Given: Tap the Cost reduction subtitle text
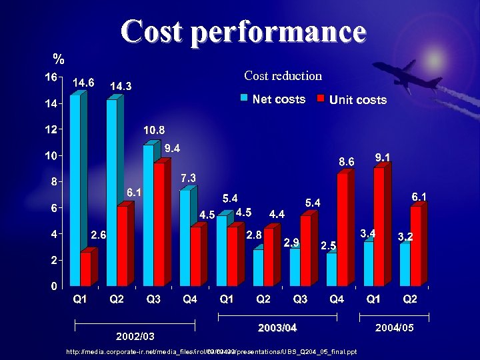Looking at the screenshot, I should pos(283,76).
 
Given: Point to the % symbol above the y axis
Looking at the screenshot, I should pos(59,58).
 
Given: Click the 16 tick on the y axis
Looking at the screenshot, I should pos(51,77).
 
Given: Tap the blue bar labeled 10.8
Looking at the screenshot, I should pos(148,215).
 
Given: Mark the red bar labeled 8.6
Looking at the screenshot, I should pos(343,230).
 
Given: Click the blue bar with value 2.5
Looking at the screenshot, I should pos(331,269).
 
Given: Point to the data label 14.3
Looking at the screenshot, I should pos(121,87).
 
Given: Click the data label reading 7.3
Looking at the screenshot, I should pos(187,178).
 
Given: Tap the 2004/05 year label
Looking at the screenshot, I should pos(394,328).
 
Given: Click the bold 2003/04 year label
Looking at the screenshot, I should pos(277,328).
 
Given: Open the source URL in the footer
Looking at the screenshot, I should pos(211,351).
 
